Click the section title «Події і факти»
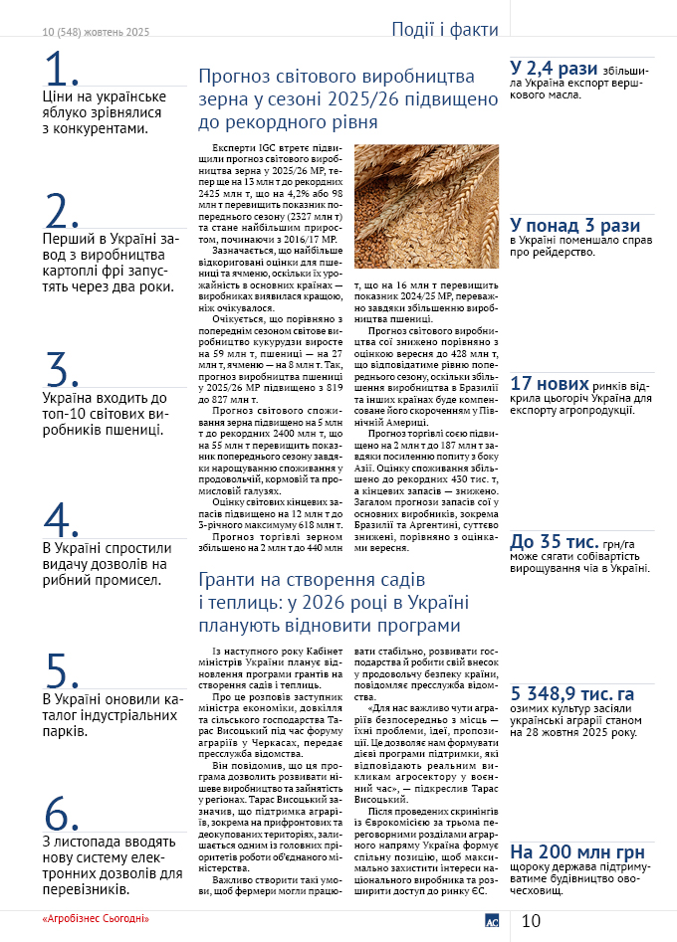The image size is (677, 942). pos(444,30)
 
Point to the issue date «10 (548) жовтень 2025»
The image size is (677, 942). pos(96,32)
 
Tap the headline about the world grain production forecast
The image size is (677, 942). pos(347,99)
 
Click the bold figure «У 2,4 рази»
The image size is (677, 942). pos(553,69)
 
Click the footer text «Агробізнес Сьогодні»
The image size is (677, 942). pos(96,916)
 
